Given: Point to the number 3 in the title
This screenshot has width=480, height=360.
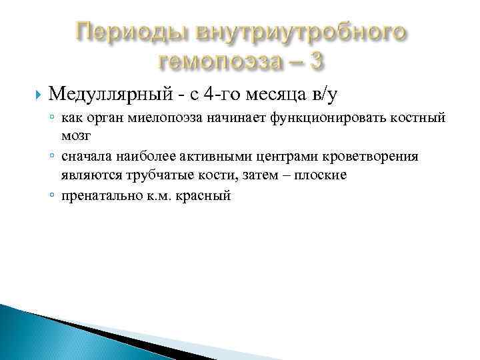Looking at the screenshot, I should (x=317, y=61).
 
